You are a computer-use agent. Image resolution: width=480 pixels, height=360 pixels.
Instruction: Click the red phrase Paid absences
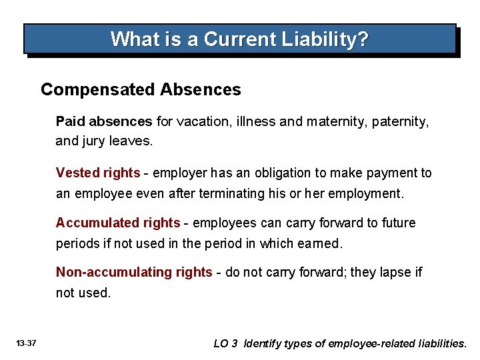pyautogui.click(x=104, y=121)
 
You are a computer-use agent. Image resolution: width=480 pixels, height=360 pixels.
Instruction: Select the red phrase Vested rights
pyautogui.click(x=98, y=173)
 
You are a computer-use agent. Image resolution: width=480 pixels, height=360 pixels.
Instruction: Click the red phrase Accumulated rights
pyautogui.click(x=118, y=223)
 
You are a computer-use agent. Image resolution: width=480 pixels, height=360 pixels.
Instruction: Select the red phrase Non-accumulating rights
pyautogui.click(x=134, y=272)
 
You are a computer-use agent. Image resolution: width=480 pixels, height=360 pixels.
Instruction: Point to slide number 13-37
pyautogui.click(x=26, y=344)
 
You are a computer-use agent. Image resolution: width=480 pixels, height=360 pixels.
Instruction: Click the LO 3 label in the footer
pyautogui.click(x=225, y=344)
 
